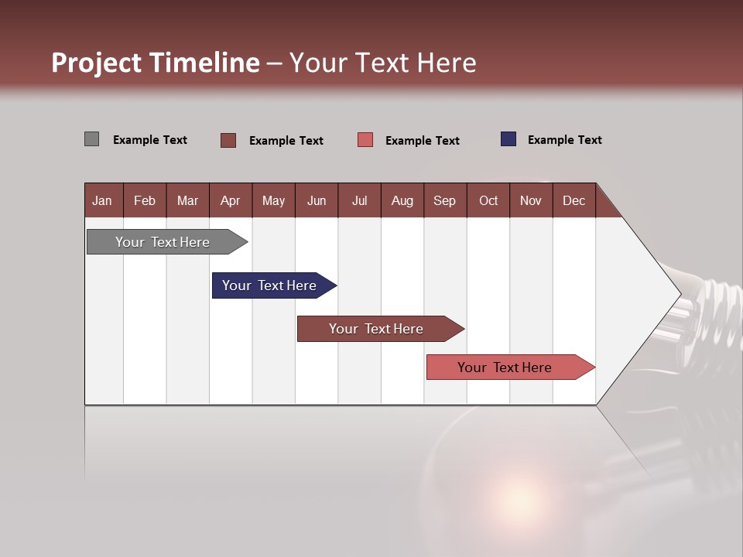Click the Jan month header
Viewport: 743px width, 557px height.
point(102,200)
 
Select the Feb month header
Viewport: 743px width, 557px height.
point(145,200)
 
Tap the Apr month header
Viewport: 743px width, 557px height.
point(230,200)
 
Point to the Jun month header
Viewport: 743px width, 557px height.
point(317,200)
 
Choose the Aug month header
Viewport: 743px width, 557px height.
point(402,200)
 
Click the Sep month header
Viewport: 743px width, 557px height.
point(444,200)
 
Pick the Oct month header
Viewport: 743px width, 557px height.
point(488,200)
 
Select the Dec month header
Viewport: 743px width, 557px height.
point(574,200)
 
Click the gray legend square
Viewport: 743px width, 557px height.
point(92,139)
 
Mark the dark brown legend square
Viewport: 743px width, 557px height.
point(228,140)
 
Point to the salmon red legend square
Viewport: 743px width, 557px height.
point(365,140)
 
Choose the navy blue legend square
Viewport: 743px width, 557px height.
point(508,139)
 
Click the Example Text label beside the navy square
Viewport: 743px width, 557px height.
point(564,140)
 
